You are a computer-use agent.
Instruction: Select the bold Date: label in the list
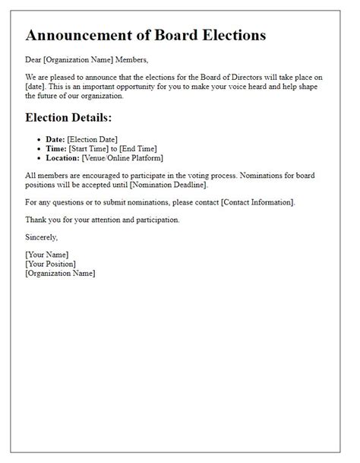click(x=56, y=139)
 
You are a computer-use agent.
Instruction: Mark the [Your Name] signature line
click(x=47, y=255)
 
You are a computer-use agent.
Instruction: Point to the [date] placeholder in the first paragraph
click(x=35, y=87)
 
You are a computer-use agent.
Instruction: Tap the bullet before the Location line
click(x=39, y=158)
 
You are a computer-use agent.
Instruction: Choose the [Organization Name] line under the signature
click(x=61, y=273)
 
